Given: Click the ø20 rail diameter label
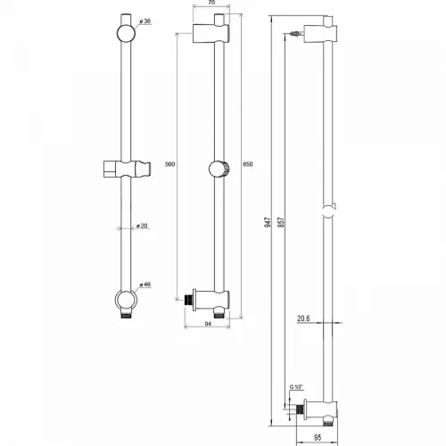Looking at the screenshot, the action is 142,226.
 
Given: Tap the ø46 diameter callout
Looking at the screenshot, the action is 145,285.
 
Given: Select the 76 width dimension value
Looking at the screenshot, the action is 211,3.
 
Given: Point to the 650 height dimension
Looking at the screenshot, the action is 248,164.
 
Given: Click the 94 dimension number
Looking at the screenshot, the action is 208,324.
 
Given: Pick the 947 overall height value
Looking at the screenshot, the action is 268,222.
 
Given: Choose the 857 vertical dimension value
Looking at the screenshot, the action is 281,222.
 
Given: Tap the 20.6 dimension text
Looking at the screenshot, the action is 303,318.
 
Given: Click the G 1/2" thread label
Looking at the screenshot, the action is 296,387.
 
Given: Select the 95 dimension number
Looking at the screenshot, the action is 318,438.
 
